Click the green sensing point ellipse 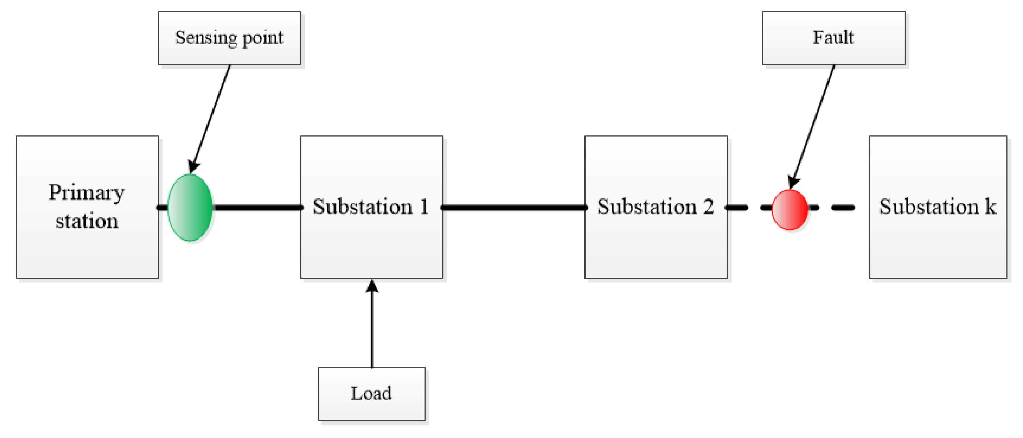coord(190,207)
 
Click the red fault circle coord(790,210)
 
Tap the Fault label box coord(833,38)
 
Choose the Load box coord(371,394)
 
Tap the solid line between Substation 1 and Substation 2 coord(514,207)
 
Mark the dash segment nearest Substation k coord(843,207)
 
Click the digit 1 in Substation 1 coord(424,206)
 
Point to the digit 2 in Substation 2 coord(708,206)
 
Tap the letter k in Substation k coord(990,206)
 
